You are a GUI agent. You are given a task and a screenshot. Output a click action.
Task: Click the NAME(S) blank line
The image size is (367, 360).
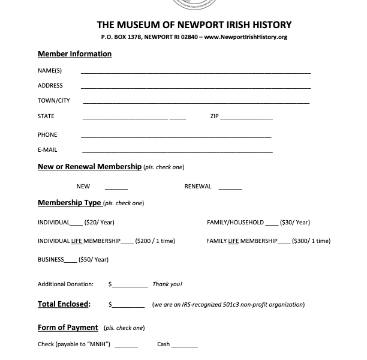195,71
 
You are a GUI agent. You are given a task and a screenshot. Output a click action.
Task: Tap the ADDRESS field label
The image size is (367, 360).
50,86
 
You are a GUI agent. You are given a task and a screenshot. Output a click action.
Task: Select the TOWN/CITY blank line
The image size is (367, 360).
195,103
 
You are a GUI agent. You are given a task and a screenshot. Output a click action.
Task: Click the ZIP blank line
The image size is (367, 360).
246,118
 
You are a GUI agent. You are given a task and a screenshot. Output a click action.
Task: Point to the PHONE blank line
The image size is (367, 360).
176,137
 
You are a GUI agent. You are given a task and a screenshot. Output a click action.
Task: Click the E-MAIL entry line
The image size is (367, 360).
176,152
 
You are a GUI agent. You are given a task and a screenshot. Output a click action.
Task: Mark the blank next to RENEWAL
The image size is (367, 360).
230,188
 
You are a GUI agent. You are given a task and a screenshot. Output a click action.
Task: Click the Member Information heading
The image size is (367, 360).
74,54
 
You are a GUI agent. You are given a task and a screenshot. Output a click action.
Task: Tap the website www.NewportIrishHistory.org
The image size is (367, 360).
245,37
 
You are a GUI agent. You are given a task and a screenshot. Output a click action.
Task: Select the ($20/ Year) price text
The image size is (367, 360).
99,223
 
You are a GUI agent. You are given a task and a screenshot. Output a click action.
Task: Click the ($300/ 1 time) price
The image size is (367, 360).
311,241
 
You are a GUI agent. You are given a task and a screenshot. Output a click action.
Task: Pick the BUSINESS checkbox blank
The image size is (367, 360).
70,261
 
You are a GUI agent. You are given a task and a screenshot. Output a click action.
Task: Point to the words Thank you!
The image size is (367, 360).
167,284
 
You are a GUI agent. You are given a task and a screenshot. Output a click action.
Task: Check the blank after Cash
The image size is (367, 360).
185,346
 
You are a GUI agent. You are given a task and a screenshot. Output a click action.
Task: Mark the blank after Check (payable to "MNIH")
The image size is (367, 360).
126,346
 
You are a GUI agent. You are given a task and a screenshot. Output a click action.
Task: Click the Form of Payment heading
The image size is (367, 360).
68,328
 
